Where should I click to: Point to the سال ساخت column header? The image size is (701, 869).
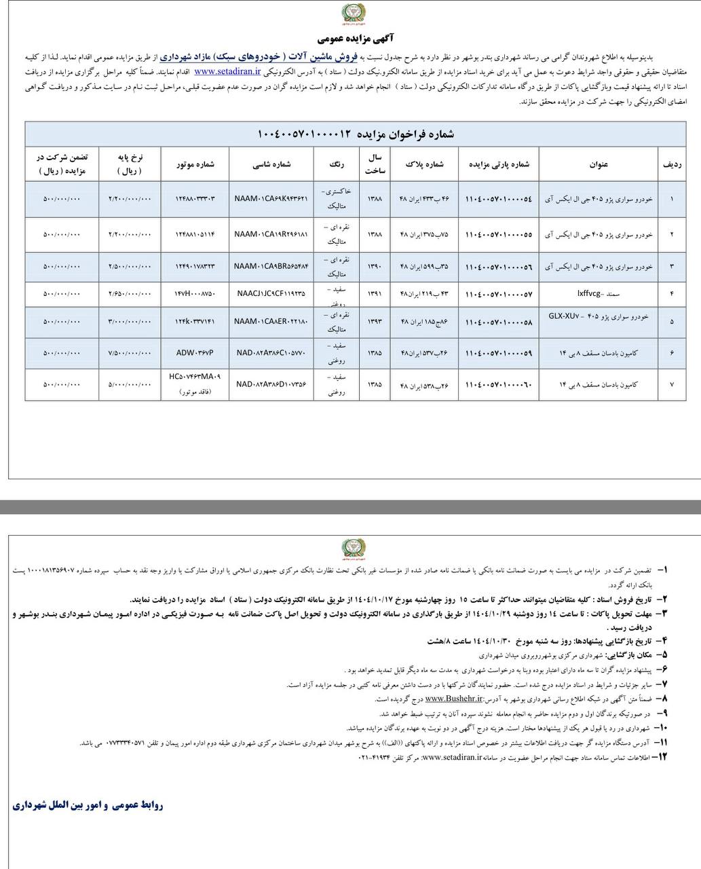click(x=375, y=164)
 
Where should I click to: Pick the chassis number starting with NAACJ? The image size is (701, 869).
click(x=271, y=294)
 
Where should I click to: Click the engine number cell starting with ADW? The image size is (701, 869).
click(x=195, y=353)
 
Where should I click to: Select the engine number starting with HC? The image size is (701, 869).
click(x=195, y=376)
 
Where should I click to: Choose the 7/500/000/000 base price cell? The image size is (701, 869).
click(x=130, y=353)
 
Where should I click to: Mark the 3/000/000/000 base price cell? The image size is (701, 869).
click(x=130, y=321)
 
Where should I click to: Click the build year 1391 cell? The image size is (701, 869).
click(x=375, y=294)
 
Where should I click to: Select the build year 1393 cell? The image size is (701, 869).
click(x=375, y=321)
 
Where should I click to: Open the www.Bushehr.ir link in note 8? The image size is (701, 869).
click(x=454, y=698)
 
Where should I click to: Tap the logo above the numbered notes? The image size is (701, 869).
click(x=352, y=548)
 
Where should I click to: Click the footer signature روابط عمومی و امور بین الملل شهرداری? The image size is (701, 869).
click(x=88, y=805)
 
